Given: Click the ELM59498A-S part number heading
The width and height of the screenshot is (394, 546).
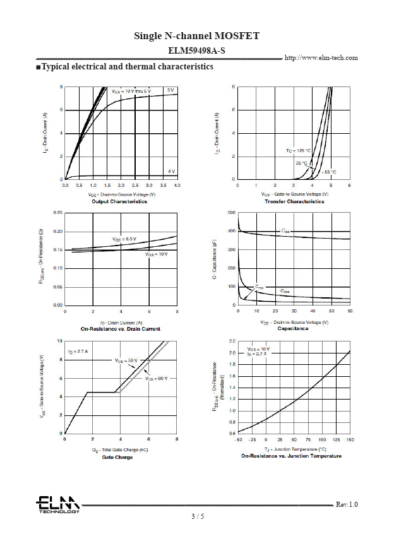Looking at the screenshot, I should click(196, 49).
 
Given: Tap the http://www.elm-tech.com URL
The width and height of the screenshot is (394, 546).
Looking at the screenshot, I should click(321, 57).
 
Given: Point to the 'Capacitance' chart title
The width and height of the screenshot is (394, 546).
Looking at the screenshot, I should click(293, 329).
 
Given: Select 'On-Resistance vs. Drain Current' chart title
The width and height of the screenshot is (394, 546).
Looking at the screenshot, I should click(121, 329).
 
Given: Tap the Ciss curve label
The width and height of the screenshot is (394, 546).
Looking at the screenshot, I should click(285, 232).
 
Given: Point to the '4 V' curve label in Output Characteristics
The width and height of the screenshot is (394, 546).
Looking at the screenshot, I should click(171, 171).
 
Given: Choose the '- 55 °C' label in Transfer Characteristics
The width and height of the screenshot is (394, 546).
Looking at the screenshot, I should click(329, 172).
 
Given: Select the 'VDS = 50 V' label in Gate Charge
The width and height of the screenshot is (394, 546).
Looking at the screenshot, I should click(126, 360).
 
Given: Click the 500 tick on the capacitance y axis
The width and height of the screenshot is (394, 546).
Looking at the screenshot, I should click(232, 212).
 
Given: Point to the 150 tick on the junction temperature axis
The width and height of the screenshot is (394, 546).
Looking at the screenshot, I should click(350, 439).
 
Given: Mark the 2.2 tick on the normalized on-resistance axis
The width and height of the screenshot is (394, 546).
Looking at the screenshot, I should click(232, 341).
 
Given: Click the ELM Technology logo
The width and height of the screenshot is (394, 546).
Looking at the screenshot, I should click(57, 505).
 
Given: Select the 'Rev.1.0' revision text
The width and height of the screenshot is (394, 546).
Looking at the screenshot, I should click(347, 504).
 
